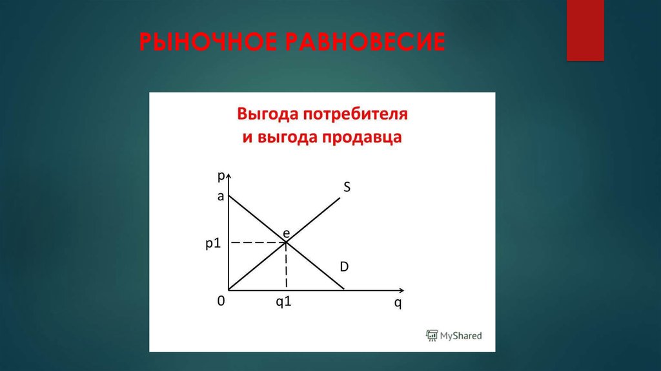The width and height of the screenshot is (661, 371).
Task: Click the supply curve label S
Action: (347, 187)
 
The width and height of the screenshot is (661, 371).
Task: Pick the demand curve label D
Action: (345, 266)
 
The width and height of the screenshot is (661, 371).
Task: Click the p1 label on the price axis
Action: (214, 243)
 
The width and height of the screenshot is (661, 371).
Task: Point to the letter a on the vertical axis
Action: (220, 197)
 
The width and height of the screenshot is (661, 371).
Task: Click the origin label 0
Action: (221, 302)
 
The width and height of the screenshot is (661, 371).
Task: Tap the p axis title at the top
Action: (221, 175)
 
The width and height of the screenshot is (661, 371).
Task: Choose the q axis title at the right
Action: (398, 303)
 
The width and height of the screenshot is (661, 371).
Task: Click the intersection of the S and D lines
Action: (286, 242)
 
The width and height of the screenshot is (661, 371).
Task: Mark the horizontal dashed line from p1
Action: (258, 242)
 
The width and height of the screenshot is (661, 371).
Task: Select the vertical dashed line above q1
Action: (286, 266)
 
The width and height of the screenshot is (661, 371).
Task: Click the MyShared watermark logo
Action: (454, 335)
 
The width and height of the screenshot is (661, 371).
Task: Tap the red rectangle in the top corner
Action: (585, 30)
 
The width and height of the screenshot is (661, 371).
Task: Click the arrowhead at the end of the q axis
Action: (402, 290)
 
